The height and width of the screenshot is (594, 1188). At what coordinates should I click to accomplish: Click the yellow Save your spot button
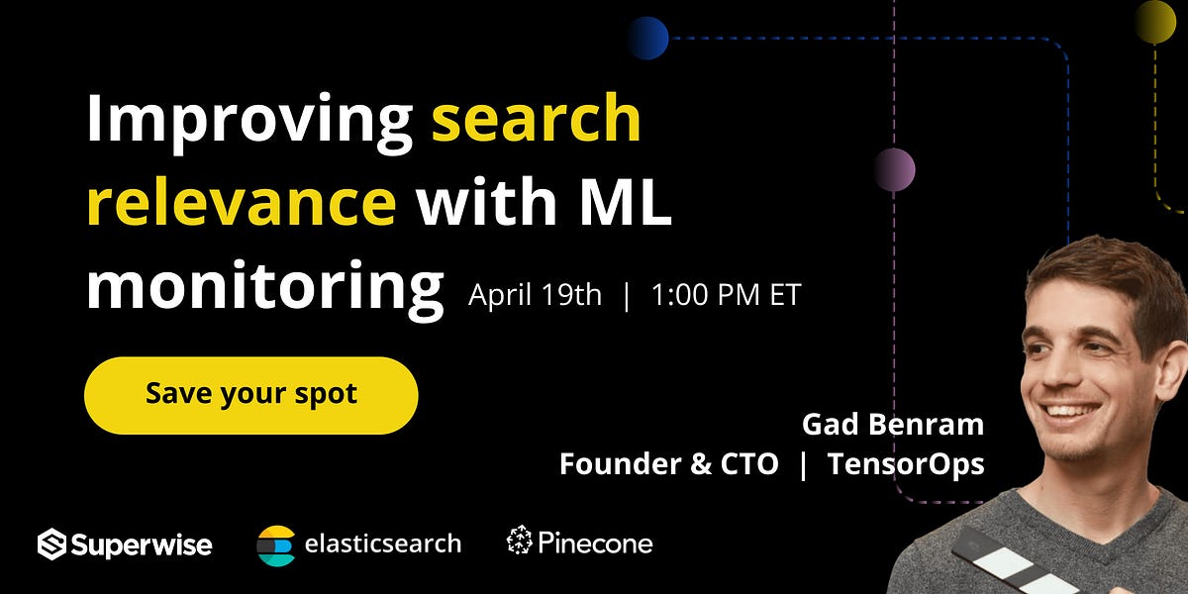tap(251, 394)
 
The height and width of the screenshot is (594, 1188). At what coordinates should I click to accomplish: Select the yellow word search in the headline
tap(537, 119)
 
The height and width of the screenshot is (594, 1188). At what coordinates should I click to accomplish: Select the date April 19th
tap(535, 295)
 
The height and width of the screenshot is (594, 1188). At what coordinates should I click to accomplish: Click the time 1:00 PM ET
tap(726, 295)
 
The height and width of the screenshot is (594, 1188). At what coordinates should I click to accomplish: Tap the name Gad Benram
tap(893, 425)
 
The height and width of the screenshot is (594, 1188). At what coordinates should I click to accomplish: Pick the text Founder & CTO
tap(669, 463)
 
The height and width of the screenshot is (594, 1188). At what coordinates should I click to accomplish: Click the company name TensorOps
tap(906, 463)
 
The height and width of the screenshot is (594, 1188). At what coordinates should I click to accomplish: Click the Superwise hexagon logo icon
tap(51, 544)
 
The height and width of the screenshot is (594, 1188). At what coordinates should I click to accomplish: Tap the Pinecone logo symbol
tap(520, 542)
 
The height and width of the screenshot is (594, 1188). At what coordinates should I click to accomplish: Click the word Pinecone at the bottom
tap(595, 543)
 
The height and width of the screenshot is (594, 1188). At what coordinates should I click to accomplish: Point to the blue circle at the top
tap(647, 39)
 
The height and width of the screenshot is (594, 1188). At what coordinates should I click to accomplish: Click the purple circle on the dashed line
tap(894, 169)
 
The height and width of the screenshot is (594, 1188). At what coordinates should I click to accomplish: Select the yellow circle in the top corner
tap(1154, 21)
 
